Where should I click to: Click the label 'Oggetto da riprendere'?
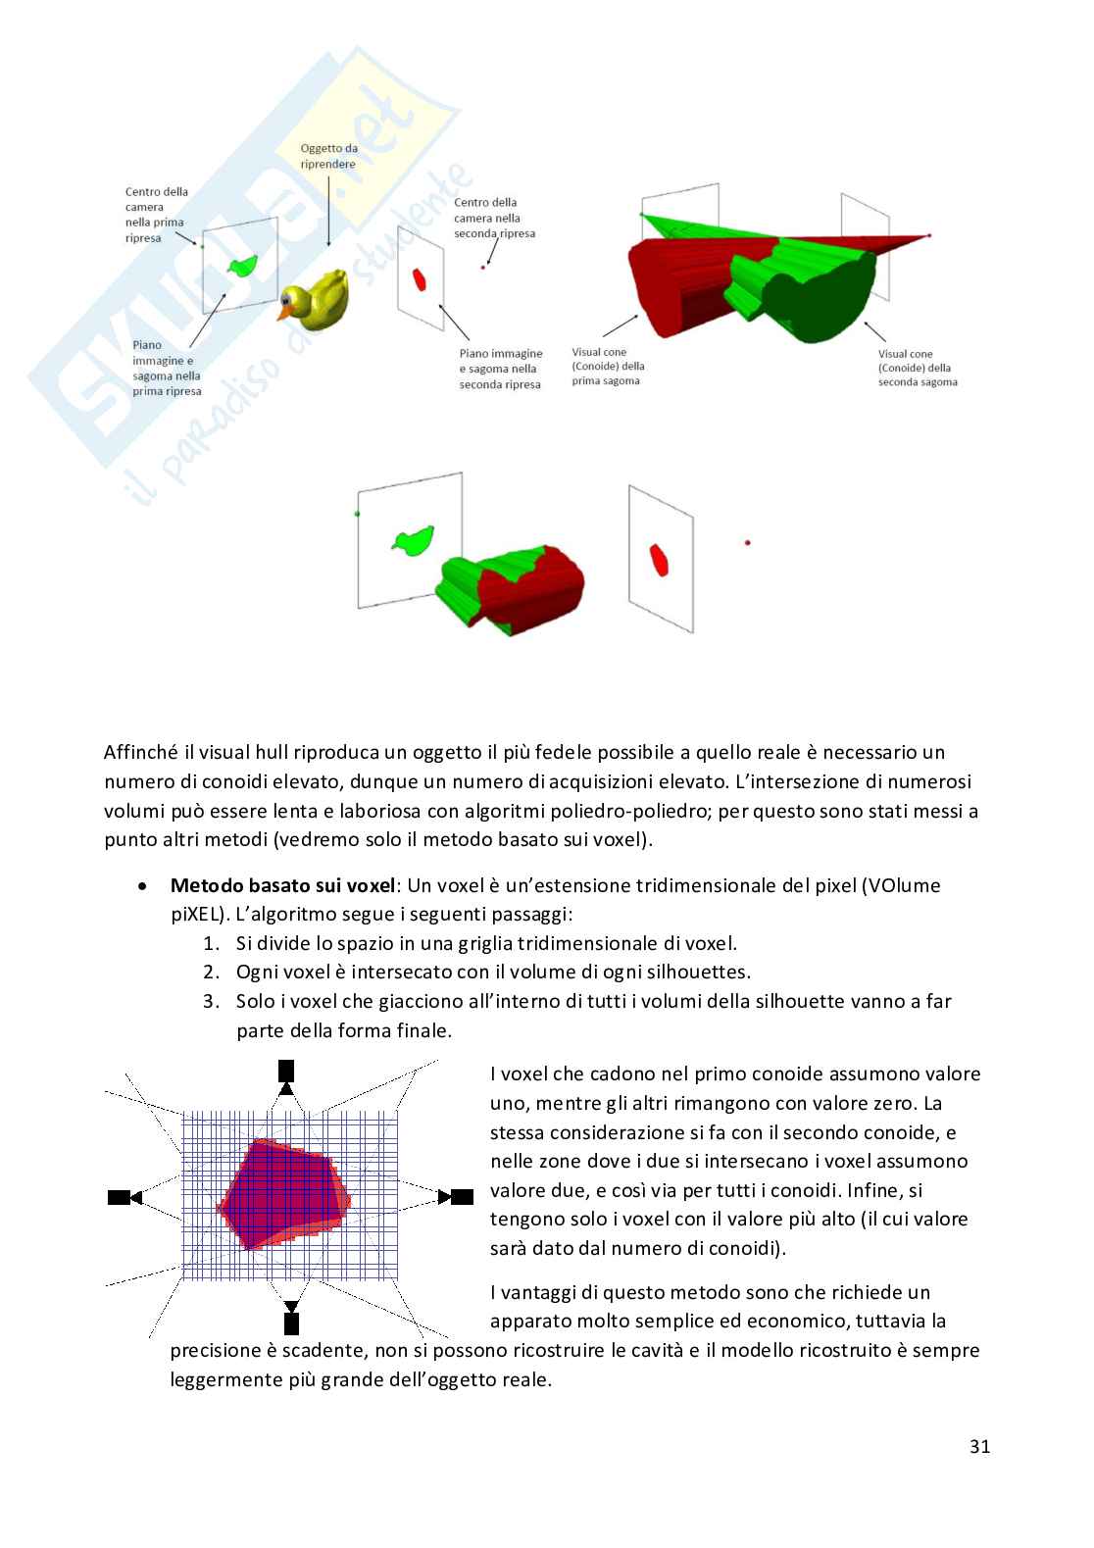coord(328,156)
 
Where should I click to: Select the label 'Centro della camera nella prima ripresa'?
coord(156,215)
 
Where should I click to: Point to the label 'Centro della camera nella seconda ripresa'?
coord(494,218)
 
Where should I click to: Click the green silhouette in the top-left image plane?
coord(242,265)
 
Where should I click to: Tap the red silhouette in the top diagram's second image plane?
coord(420,278)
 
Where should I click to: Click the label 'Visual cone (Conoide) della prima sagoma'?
coord(608,367)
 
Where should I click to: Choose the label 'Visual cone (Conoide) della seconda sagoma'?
coord(917,368)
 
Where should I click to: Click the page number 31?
coord(979,1446)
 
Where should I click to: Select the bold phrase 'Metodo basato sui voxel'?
coord(282,885)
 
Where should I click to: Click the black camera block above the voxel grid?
coord(286,1071)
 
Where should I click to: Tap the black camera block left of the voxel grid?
coord(119,1197)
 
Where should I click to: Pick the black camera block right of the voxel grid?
coord(462,1196)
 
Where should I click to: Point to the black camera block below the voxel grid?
coord(291,1323)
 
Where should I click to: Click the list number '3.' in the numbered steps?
coord(211,1001)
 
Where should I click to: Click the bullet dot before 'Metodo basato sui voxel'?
coord(143,885)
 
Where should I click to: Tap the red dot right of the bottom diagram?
coord(748,542)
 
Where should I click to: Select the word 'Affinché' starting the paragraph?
coord(141,753)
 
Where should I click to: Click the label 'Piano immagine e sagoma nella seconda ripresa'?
coord(500,369)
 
